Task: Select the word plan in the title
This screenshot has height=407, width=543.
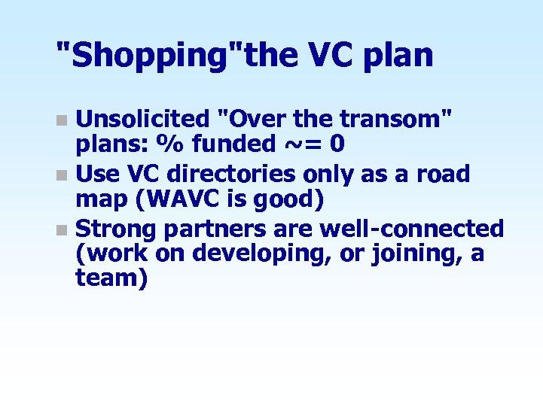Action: [400, 56]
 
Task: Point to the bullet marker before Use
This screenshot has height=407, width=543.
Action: [63, 175]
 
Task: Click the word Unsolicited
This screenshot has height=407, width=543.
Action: [144, 119]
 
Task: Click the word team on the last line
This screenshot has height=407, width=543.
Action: [111, 278]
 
